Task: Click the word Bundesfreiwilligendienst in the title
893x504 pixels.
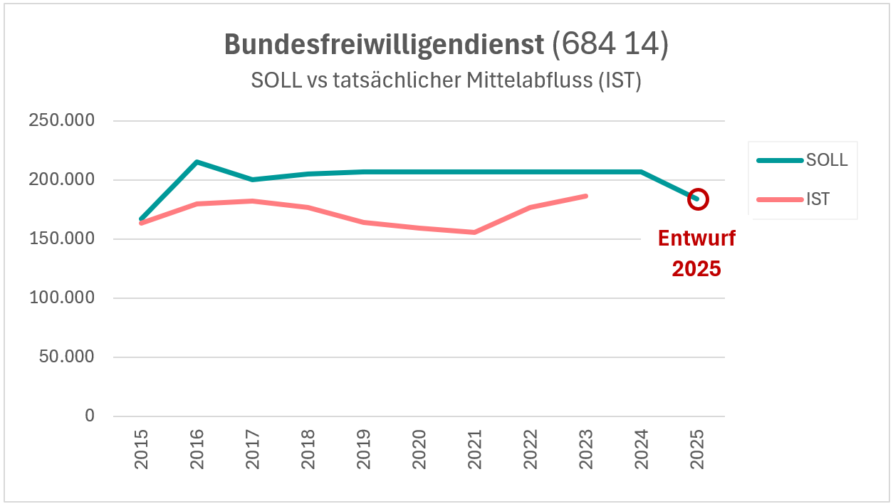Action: [385, 45]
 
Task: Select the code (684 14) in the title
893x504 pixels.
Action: [610, 45]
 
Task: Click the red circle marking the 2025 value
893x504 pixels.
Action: [698, 199]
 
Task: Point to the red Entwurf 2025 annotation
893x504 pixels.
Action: [696, 253]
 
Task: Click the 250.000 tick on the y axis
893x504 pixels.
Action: [61, 120]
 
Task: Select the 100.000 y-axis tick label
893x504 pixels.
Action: [61, 298]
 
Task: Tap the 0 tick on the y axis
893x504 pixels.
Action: [89, 416]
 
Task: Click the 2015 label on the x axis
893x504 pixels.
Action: [141, 449]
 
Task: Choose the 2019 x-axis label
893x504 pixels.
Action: [364, 449]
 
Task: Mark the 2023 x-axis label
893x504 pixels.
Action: [586, 449]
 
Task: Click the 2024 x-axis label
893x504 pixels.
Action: [642, 449]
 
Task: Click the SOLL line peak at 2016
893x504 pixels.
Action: [197, 162]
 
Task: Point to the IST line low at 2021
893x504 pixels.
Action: [475, 232]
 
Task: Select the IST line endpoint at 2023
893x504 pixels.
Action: [586, 196]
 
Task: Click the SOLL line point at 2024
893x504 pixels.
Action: [642, 172]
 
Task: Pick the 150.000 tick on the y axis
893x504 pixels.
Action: [61, 238]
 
